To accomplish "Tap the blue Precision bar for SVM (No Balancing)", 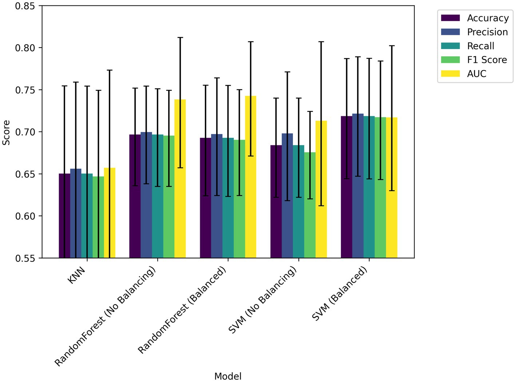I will tap(287, 196).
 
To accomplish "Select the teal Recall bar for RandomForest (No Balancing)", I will tap(158, 196).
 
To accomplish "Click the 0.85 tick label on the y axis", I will tap(25, 6).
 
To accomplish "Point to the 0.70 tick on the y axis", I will tap(25, 132).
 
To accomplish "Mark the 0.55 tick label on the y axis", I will tap(25, 258).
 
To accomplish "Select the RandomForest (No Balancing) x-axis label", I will tap(105, 316).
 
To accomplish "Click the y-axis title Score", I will tap(6, 132).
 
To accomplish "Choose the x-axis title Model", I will tap(228, 376).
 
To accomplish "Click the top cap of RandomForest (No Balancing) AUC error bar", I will tap(180, 37).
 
